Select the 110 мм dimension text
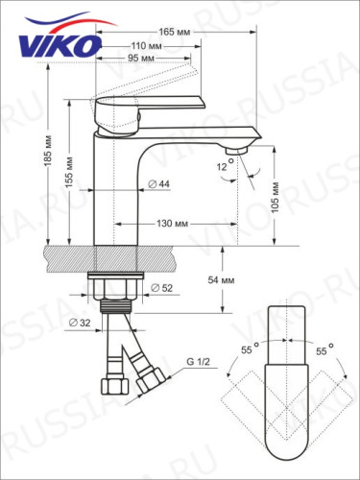pyautogui.click(x=147, y=46)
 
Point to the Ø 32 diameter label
pyautogui.click(x=80, y=323)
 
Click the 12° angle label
pyautogui.click(x=223, y=165)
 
